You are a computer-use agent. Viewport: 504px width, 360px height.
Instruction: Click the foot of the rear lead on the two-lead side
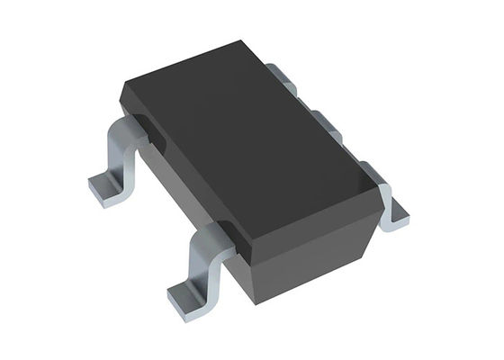click(105, 189)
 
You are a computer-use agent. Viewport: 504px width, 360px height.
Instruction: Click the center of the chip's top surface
click(252, 135)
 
